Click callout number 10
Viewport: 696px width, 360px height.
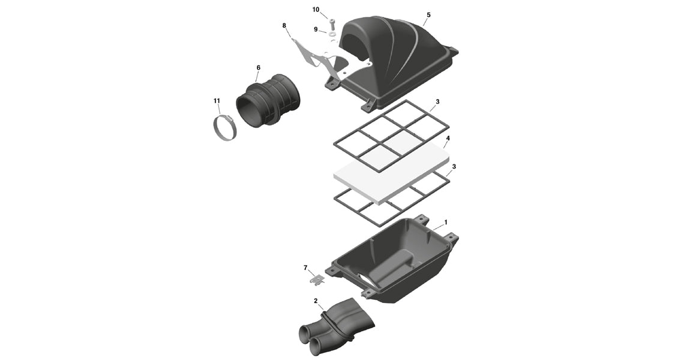coord(316,10)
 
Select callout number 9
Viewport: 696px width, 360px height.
coord(316,29)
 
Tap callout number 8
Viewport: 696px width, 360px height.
coord(284,25)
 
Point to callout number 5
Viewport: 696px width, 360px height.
coord(428,14)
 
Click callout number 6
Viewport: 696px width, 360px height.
coord(258,68)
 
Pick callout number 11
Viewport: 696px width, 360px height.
coord(217,101)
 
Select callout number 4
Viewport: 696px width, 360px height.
coord(448,138)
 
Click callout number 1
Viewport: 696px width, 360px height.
coord(445,221)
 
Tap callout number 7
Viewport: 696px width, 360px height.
coord(305,267)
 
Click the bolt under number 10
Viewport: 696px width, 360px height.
coord(332,22)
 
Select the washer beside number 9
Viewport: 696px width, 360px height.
coord(332,34)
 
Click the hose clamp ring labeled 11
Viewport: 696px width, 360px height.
coord(224,128)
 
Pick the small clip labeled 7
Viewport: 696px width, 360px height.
coord(316,278)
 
